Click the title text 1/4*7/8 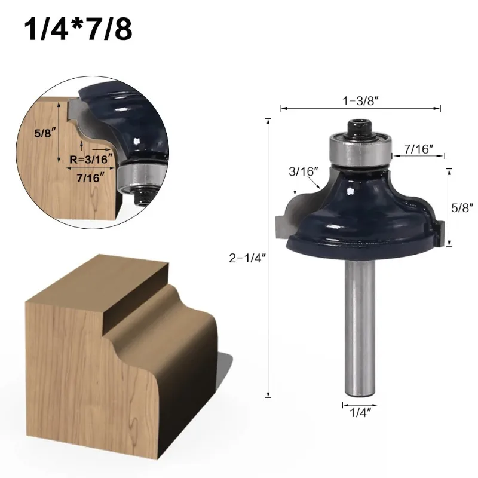pyautogui.click(x=78, y=29)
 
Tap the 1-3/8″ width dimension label pyautogui.click(x=360, y=100)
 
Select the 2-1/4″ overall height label pyautogui.click(x=247, y=258)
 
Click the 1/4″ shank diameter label pyautogui.click(x=360, y=413)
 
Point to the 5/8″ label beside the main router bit pyautogui.click(x=462, y=207)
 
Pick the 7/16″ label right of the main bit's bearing pyautogui.click(x=419, y=149)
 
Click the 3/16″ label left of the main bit pyautogui.click(x=304, y=171)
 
